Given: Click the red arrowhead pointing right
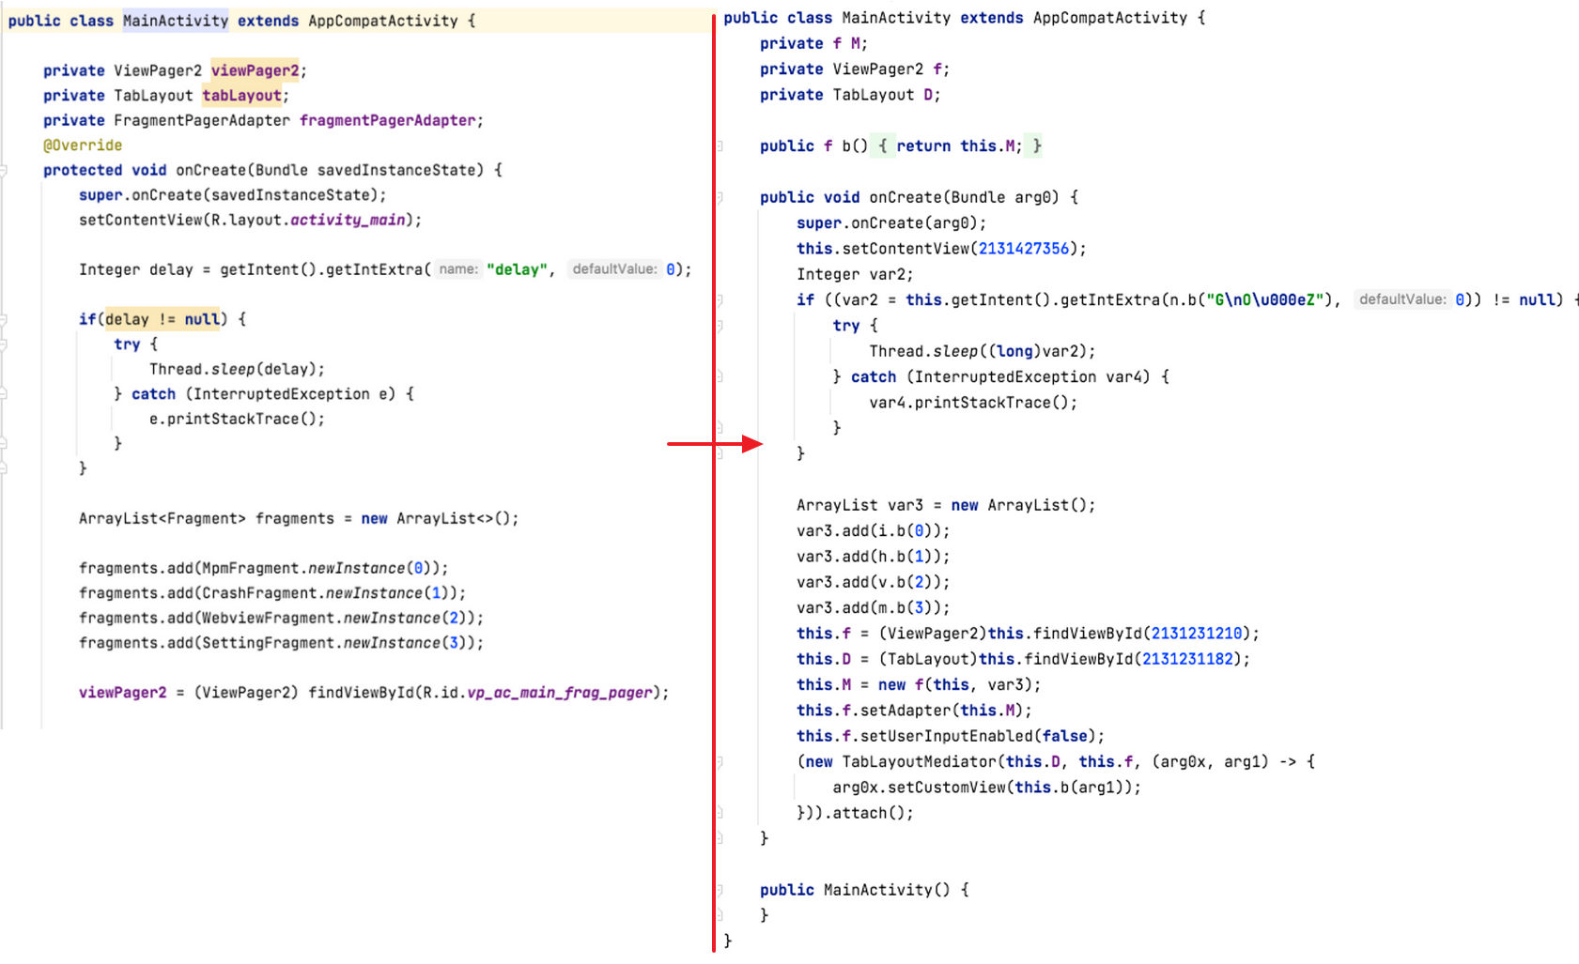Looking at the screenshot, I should point(751,444).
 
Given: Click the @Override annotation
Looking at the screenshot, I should point(83,145).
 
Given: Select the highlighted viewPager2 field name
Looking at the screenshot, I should point(255,70).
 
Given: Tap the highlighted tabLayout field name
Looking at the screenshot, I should point(241,96).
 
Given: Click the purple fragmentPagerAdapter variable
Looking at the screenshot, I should point(388,120).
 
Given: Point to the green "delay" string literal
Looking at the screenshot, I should point(517,269).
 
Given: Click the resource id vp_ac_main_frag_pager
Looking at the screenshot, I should point(559,693).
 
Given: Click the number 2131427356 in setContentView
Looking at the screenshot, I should point(1023,249).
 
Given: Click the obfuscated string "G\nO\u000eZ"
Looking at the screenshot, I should point(1263,299).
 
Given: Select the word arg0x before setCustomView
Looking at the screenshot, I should point(855,788).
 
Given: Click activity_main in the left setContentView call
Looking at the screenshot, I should point(348,220).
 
